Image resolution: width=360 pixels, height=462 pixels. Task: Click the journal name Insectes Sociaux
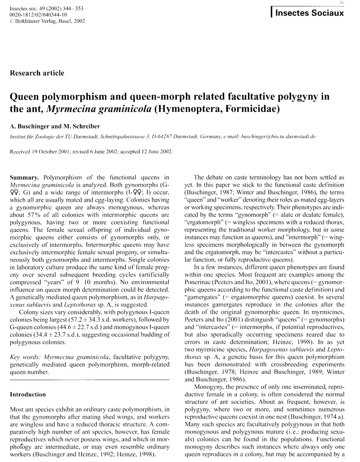pos(310,13)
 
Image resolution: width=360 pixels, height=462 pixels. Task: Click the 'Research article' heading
pos(37,73)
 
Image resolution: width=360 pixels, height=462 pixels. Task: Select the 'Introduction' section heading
pos(28,395)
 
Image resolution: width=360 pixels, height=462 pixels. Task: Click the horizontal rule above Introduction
pos(90,380)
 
